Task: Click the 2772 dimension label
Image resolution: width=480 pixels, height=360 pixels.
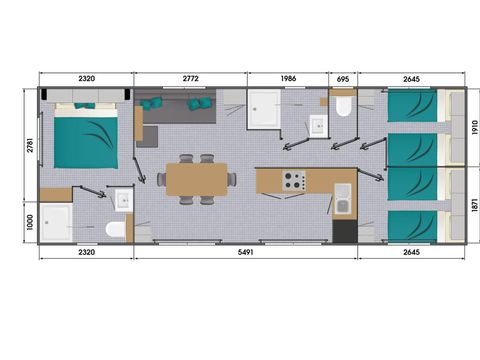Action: (190, 78)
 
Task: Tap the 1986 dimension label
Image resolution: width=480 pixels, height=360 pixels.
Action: (288, 78)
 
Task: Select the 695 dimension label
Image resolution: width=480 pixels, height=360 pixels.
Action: (343, 79)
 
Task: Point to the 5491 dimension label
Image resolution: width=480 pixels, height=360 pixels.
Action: (246, 252)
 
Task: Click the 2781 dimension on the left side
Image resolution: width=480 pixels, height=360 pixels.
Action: (30, 145)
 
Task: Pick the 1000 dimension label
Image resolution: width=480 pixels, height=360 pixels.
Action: (30, 222)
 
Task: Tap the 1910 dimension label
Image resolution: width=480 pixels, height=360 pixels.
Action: (475, 127)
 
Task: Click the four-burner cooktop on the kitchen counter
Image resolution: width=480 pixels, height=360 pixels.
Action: (294, 181)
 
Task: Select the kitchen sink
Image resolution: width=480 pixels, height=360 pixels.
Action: (342, 199)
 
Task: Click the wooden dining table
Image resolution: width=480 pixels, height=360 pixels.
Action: (197, 179)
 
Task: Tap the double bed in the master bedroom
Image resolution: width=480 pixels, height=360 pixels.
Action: (86, 136)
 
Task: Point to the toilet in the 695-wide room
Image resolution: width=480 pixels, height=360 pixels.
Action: (343, 106)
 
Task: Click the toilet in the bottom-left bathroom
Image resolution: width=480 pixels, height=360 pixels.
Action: (116, 229)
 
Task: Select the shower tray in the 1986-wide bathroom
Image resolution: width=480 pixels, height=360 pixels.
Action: (264, 109)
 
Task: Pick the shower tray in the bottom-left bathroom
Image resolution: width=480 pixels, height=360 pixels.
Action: (56, 222)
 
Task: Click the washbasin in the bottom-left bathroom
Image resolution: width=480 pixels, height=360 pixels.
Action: (124, 200)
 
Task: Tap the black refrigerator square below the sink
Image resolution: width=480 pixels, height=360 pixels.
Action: (345, 231)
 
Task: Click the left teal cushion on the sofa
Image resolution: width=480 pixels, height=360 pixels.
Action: (151, 103)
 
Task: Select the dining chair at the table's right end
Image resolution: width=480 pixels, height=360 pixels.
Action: (232, 179)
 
